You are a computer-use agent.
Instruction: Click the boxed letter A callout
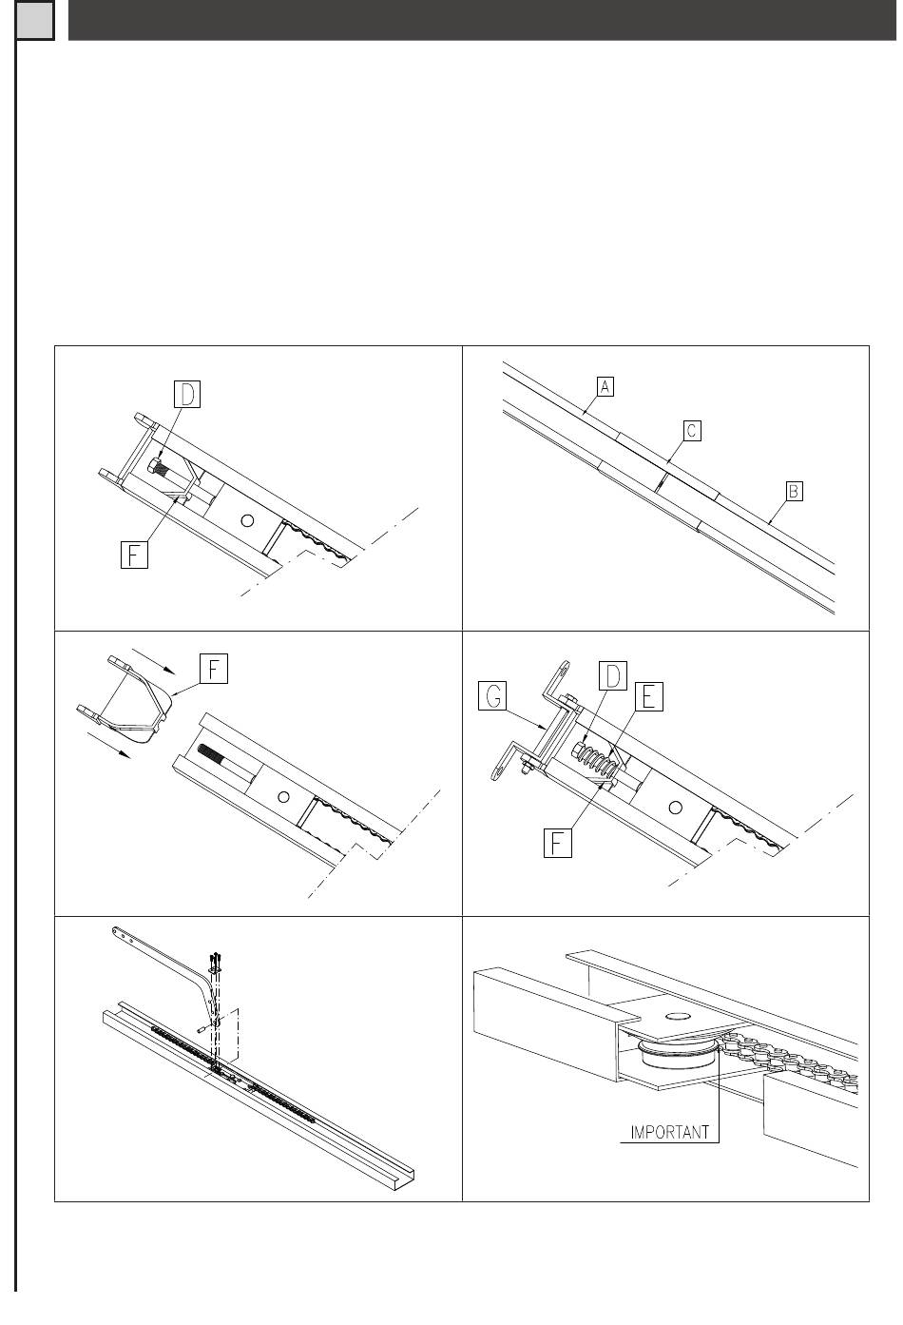coord(604,386)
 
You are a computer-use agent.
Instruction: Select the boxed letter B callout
coord(794,491)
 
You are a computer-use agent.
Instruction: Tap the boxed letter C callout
coord(692,431)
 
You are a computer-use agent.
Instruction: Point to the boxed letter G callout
coord(493,695)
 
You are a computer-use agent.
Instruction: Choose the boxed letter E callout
coord(648,696)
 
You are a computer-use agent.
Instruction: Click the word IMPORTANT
coord(669,1132)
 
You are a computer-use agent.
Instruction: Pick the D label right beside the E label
coord(613,676)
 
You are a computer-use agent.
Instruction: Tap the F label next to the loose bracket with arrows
coord(214,669)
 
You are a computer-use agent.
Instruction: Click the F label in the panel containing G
coord(557,843)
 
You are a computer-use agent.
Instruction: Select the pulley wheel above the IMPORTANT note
coord(679,1052)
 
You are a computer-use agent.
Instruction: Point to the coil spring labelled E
coord(598,761)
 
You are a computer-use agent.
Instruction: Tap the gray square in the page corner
coord(35,20)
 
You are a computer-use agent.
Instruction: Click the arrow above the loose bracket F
coord(152,661)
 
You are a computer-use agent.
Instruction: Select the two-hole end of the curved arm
coord(122,934)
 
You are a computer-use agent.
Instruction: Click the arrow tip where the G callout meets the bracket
coord(545,727)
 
